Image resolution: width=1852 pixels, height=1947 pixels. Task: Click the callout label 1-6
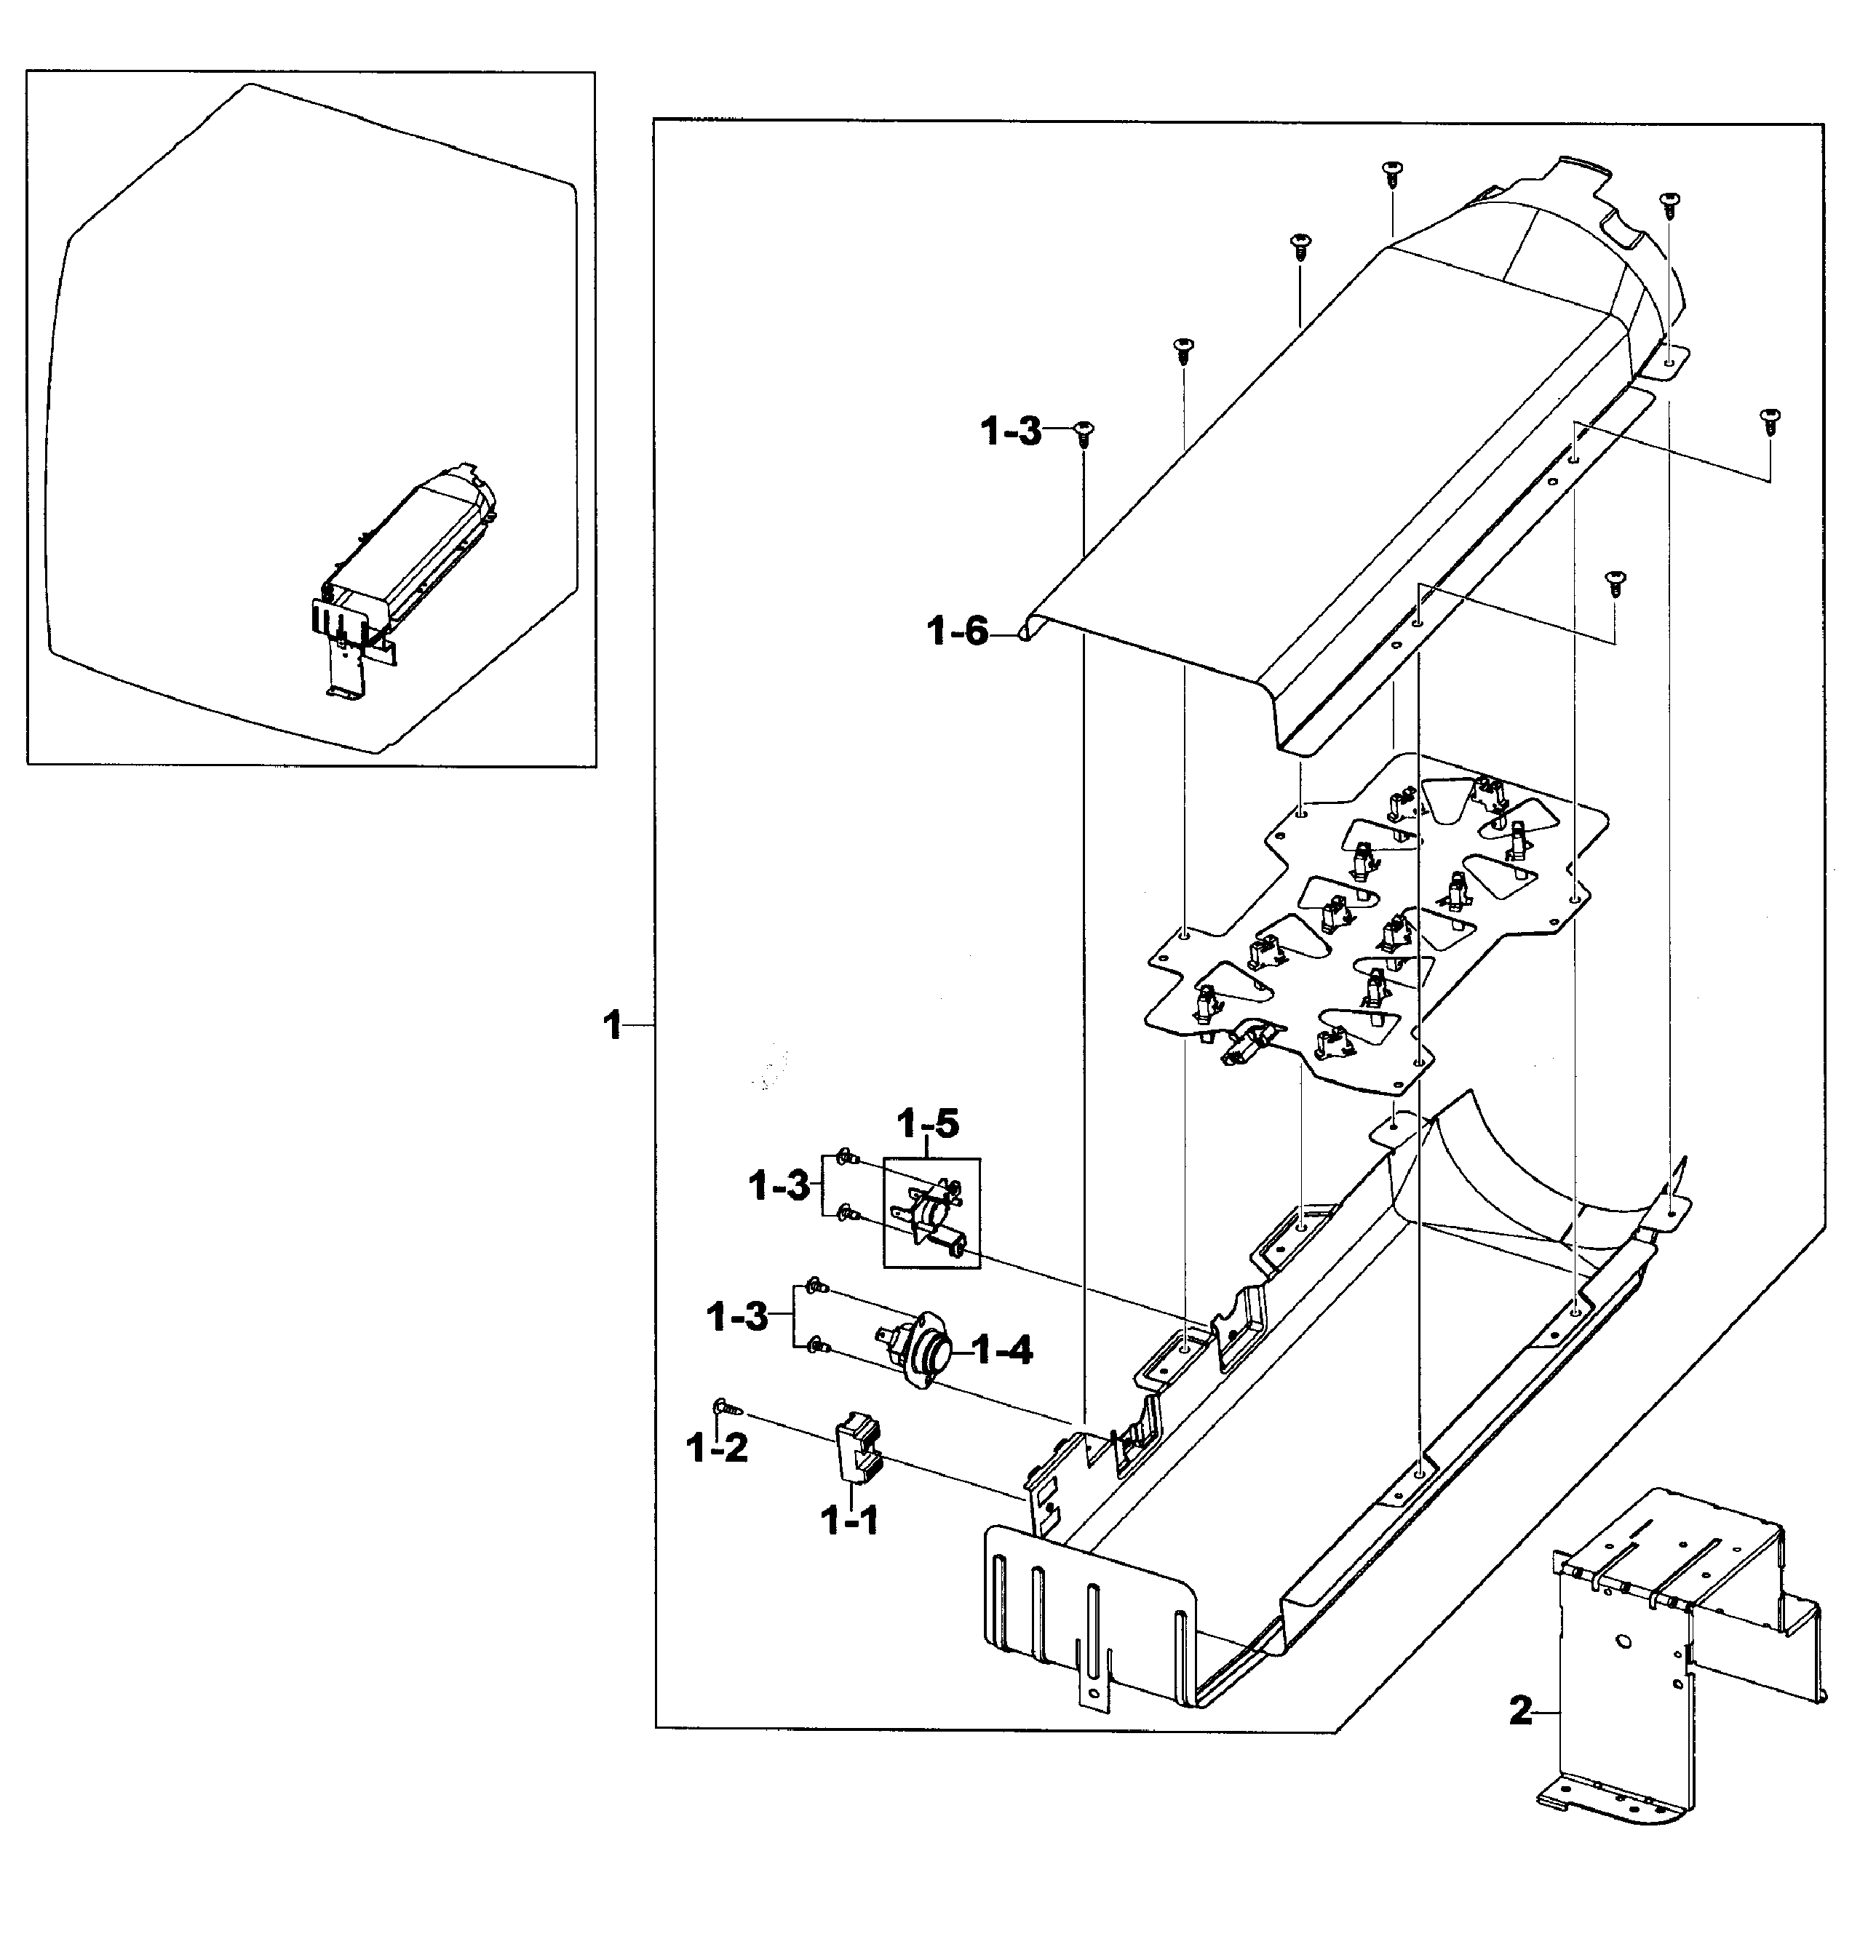[x=958, y=632]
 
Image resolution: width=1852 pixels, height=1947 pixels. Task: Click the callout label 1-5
[x=927, y=1124]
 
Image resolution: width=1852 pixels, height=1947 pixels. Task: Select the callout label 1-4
[x=1002, y=1350]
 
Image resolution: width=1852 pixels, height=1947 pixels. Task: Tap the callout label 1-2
[x=717, y=1449]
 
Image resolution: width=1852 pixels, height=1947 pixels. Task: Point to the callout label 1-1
[x=849, y=1521]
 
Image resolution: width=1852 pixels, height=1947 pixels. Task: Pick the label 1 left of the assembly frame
[x=613, y=1027]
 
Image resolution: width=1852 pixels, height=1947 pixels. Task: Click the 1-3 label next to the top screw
[x=1011, y=432]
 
